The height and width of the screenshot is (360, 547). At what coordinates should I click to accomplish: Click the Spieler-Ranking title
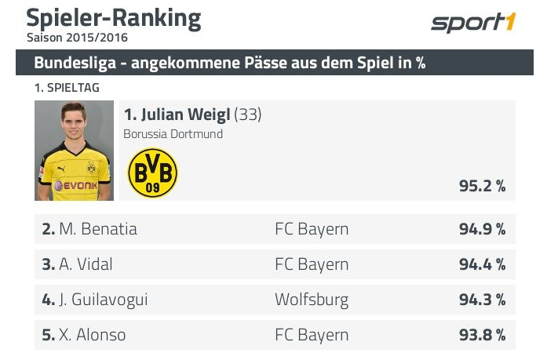pyautogui.click(x=113, y=17)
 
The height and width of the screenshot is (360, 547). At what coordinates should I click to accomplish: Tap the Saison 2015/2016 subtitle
pyautogui.click(x=77, y=37)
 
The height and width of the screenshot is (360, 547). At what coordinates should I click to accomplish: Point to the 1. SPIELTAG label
pyautogui.click(x=67, y=89)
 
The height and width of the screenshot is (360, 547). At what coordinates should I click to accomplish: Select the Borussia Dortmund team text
pyautogui.click(x=173, y=133)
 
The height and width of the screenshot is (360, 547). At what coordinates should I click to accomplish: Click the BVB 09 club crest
pyautogui.click(x=153, y=173)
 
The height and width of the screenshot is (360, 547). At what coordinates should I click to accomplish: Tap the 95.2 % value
pyautogui.click(x=482, y=186)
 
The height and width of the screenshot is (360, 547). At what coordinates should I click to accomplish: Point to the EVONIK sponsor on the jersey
pyautogui.click(x=75, y=185)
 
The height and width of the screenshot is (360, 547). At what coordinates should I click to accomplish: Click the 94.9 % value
pyautogui.click(x=482, y=229)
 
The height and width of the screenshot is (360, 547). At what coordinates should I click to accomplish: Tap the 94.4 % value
pyautogui.click(x=482, y=264)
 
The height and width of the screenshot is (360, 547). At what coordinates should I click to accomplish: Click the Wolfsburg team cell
pyautogui.click(x=312, y=300)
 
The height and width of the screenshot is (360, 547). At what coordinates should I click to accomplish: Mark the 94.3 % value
pyautogui.click(x=482, y=300)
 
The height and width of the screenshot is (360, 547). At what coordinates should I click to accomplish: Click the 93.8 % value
pyautogui.click(x=482, y=335)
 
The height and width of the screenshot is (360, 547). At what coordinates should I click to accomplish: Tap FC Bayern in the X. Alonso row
pyautogui.click(x=312, y=335)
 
